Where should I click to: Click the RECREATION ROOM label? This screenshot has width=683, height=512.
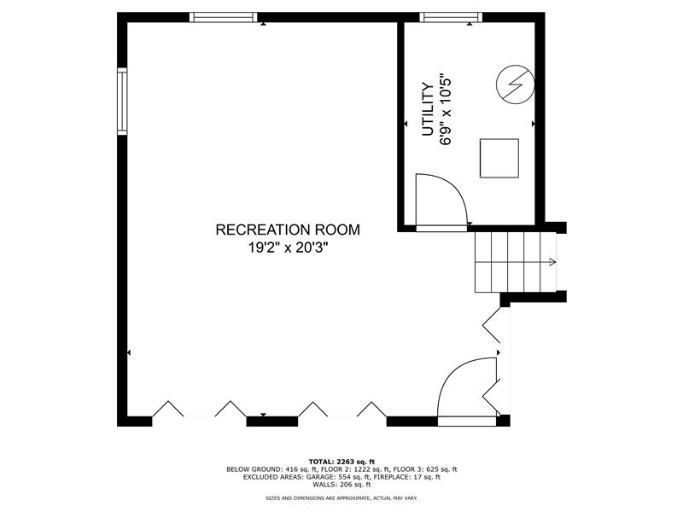(x=288, y=230)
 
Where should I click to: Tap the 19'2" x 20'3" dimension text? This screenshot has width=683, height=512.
(x=288, y=247)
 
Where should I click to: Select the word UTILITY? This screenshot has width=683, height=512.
(x=429, y=109)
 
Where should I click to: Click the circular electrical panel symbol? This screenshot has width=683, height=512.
(x=516, y=84)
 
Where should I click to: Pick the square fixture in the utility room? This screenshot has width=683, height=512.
(x=499, y=159)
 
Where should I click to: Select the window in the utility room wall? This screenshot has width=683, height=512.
(x=452, y=17)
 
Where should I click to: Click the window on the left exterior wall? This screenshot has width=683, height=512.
(x=122, y=101)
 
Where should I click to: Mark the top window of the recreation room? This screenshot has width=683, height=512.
(x=224, y=17)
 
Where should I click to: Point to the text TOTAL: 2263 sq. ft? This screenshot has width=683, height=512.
(x=341, y=462)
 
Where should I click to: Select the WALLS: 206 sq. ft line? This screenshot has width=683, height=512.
(x=341, y=484)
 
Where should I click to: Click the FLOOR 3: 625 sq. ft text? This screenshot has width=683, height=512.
(x=425, y=469)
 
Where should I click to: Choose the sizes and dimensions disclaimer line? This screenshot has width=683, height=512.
(x=341, y=497)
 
